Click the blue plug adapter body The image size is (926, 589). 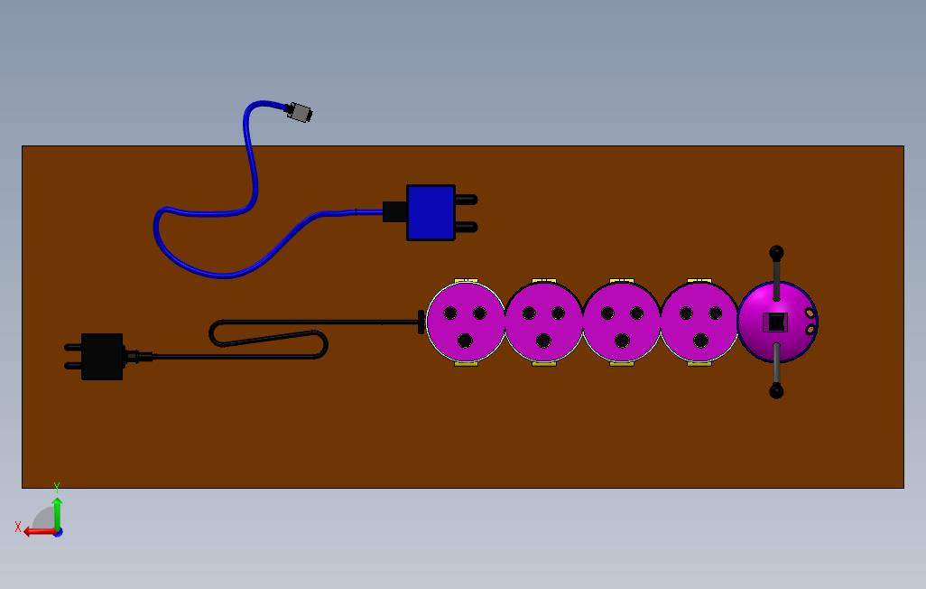click(x=431, y=212)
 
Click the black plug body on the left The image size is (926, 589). click(x=102, y=356)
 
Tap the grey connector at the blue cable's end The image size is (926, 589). click(x=299, y=113)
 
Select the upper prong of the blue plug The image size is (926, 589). click(x=466, y=199)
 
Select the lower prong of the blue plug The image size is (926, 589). click(x=466, y=227)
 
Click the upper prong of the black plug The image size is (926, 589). click(x=72, y=347)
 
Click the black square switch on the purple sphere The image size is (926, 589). click(x=776, y=322)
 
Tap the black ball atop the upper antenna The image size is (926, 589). click(x=776, y=253)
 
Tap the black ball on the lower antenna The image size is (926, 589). click(x=776, y=391)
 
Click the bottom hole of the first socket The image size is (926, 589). click(x=465, y=341)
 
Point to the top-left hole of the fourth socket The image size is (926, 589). click(x=686, y=313)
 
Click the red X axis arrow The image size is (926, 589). click(x=36, y=531)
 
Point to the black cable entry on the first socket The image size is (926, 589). click(x=421, y=322)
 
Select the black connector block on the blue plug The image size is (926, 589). click(x=394, y=212)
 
